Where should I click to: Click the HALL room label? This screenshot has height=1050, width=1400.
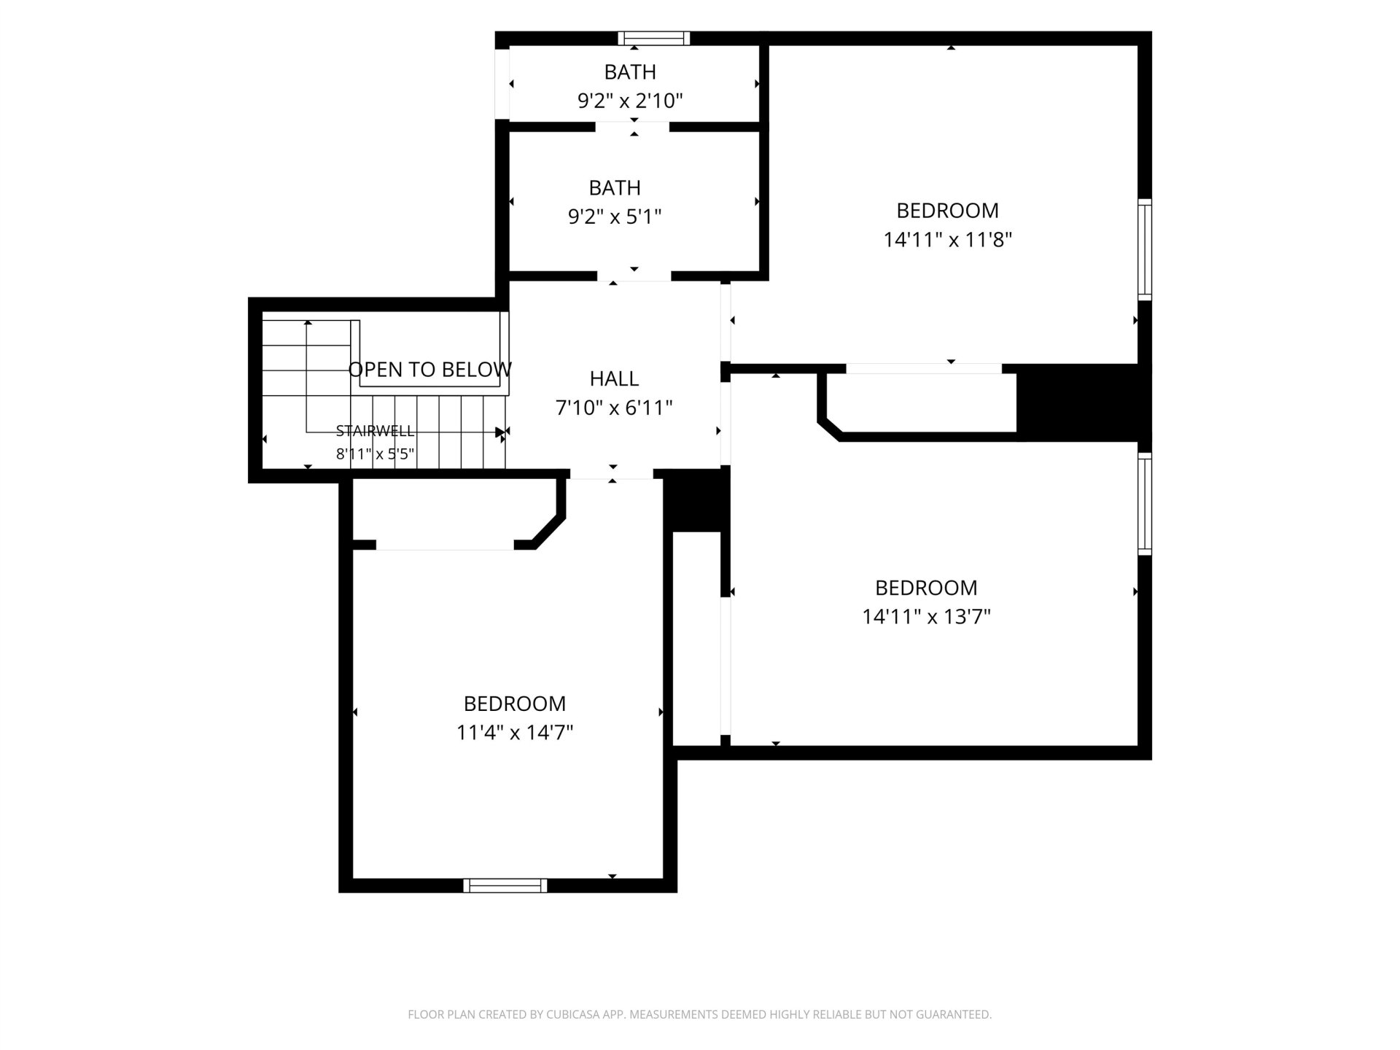tap(614, 378)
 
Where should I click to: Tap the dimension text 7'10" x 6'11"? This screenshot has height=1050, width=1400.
tap(614, 408)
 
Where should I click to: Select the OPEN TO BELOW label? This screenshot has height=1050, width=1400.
tap(430, 370)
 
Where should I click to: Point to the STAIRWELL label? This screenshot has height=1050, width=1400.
tap(375, 431)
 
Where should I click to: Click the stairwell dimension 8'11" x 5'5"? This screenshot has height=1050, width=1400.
tap(375, 454)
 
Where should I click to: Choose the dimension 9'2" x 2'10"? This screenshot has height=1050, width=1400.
tap(630, 101)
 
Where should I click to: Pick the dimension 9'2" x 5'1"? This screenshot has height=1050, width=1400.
tap(615, 217)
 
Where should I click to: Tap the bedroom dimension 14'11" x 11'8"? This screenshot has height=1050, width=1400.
tap(948, 240)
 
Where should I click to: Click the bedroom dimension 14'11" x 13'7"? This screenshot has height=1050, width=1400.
tap(926, 617)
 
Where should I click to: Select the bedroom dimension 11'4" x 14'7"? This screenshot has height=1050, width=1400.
tap(515, 732)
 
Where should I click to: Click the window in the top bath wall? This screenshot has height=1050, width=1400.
tap(653, 39)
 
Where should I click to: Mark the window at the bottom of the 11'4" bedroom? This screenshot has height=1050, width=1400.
tap(505, 885)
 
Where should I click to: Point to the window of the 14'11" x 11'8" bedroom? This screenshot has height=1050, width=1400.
tap(1145, 249)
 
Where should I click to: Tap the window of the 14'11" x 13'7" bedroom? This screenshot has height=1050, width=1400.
tap(1145, 504)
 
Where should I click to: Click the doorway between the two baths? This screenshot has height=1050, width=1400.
tap(632, 127)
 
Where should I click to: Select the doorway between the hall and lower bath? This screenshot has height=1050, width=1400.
tap(634, 276)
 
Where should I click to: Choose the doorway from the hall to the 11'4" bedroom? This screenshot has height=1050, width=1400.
tap(611, 474)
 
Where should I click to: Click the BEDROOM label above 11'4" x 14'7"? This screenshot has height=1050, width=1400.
tap(515, 704)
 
